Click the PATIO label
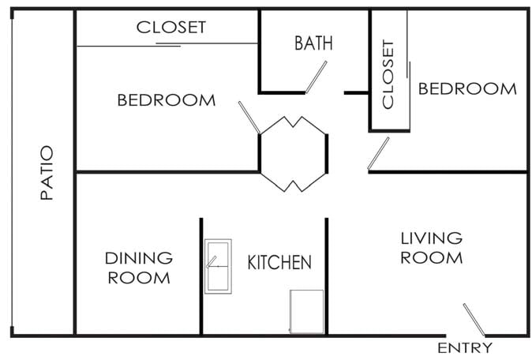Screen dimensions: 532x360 pos(47,173)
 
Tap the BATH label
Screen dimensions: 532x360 pos(313,43)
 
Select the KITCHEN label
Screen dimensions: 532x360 pos(279,262)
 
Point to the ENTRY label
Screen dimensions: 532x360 pos(464,348)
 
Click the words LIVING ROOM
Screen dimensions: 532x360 pos(432,248)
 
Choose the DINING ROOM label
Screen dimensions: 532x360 pos(139,268)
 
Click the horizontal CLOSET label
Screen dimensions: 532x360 pos(171,27)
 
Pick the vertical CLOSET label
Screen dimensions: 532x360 pos(388,74)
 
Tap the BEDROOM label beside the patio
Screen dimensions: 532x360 pos(167,100)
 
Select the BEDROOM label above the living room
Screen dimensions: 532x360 pos(467,89)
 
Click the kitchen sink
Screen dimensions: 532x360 pos(218,266)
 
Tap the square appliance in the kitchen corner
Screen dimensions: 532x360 pos(307,312)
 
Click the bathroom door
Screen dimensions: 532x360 pos(316,77)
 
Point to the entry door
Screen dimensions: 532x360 pos(474,320)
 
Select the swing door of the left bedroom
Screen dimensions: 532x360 pos(249,118)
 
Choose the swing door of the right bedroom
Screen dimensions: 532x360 pos(378,153)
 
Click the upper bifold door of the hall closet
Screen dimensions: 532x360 pos(293,125)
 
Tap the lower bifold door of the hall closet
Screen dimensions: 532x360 pos(293,182)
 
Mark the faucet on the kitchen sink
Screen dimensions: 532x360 pos(212,262)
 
